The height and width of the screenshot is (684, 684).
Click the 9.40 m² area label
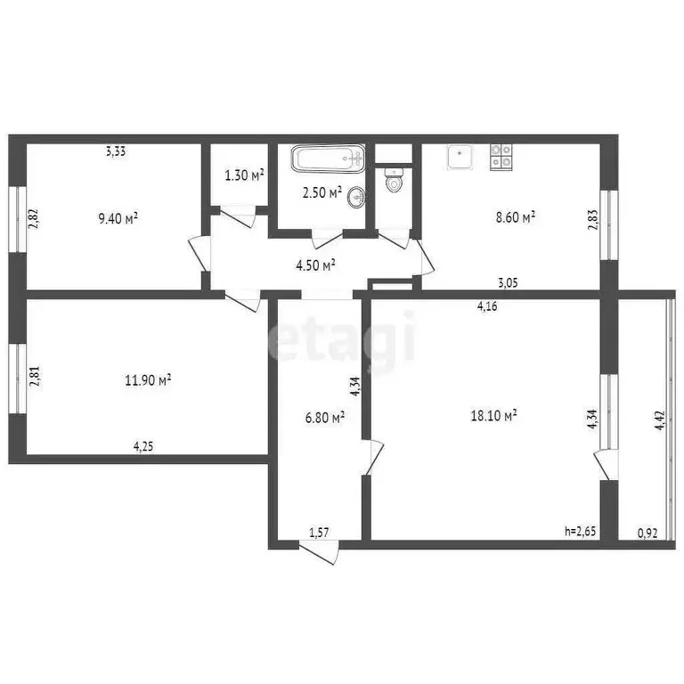coord(123,217)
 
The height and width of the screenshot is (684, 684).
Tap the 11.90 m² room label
coord(148,380)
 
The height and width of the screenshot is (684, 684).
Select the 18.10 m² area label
coord(494,415)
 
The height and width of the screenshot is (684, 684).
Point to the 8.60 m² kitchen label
coord(516,217)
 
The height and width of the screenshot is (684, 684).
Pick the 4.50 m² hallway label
coord(316,265)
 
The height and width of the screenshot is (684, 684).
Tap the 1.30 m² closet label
coord(244,175)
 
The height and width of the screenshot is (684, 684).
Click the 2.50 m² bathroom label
coord(322,192)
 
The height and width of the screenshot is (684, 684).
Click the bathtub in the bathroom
coord(329,160)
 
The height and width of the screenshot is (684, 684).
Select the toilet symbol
coord(394,181)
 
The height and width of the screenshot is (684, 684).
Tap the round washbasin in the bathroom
coord(356,197)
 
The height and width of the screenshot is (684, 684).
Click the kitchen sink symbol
coord(460,157)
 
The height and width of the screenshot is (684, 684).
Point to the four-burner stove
coord(501,157)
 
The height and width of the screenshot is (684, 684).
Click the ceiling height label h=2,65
coord(581,532)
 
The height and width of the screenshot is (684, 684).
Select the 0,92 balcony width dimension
coord(648,533)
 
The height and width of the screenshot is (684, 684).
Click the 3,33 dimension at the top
coord(115,151)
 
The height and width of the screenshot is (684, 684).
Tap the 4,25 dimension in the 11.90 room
coord(143,447)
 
